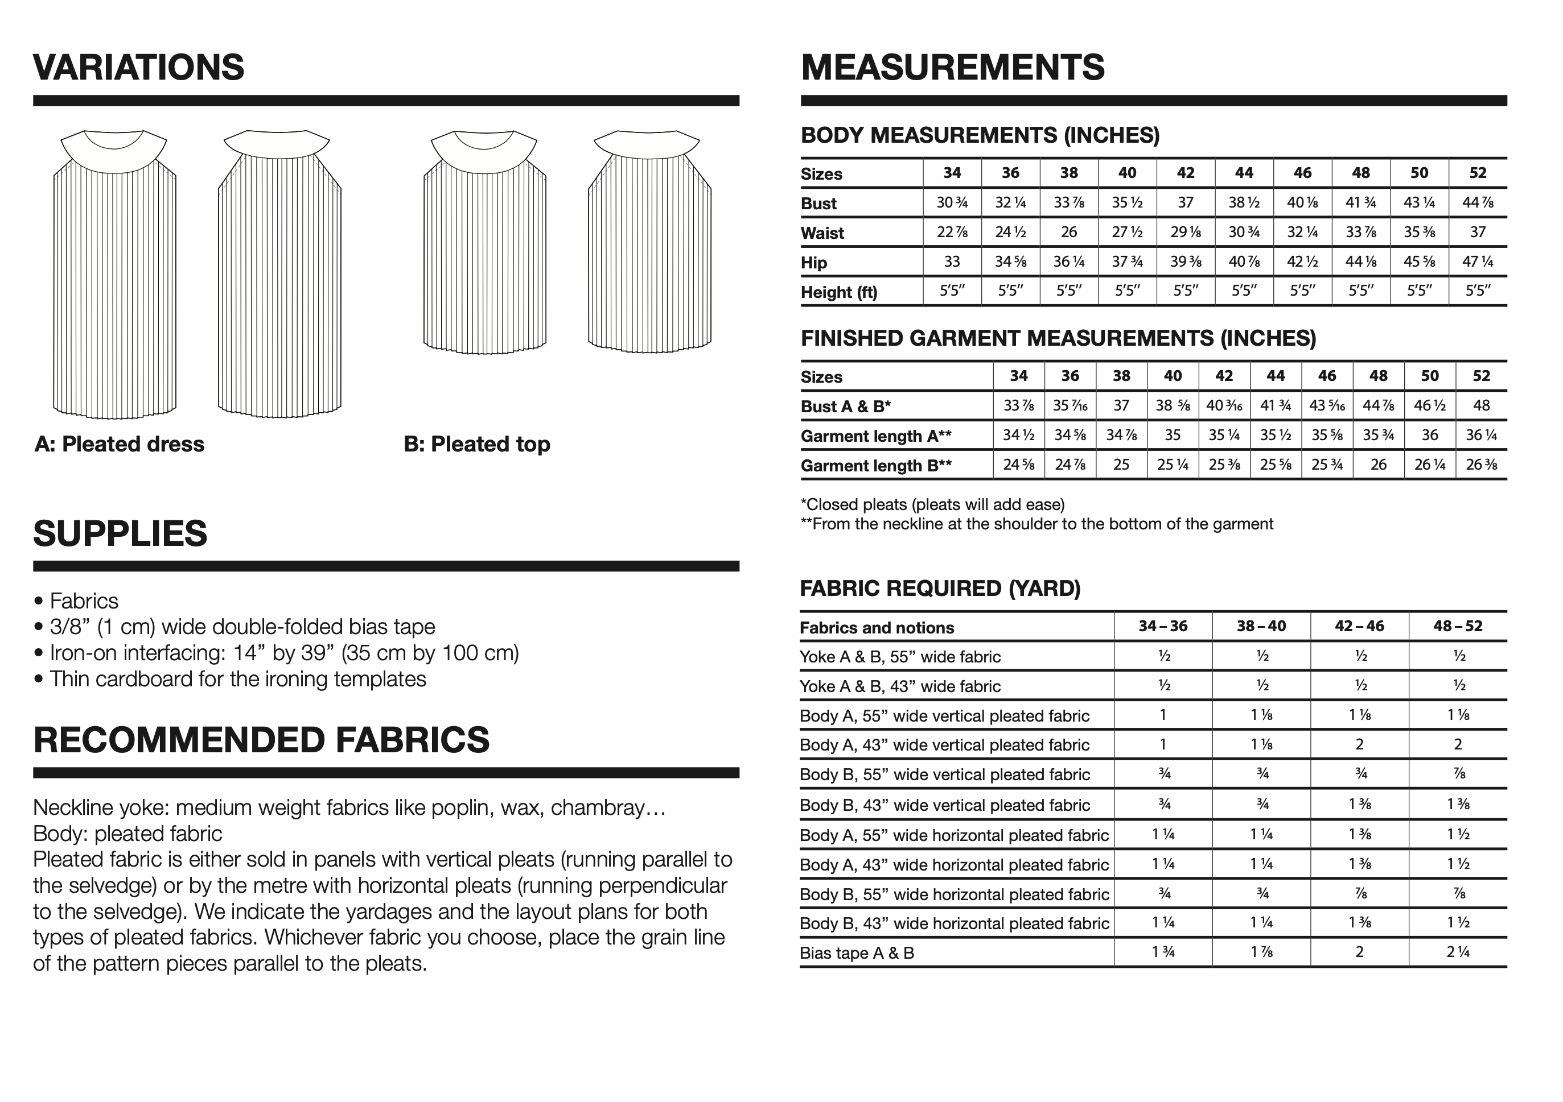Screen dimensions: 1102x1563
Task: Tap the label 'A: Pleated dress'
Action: coord(120,444)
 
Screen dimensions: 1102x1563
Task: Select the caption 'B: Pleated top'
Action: coord(476,444)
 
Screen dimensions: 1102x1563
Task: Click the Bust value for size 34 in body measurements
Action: coord(952,202)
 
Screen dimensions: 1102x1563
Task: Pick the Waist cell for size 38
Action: coord(1069,232)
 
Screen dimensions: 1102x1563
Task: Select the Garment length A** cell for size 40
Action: coord(1173,436)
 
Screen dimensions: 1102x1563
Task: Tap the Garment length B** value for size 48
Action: coord(1378,465)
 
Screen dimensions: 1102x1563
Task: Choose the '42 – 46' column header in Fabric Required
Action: coord(1359,627)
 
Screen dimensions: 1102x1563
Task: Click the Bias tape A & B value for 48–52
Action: coord(1458,952)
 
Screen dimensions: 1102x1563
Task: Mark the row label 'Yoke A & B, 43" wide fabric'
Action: coord(900,686)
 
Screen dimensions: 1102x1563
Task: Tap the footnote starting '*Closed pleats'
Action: coord(933,505)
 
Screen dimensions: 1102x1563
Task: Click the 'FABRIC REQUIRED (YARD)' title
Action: coord(940,589)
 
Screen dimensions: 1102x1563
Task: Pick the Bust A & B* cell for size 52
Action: coord(1480,406)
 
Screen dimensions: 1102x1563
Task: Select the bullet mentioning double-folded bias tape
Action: coord(242,627)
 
